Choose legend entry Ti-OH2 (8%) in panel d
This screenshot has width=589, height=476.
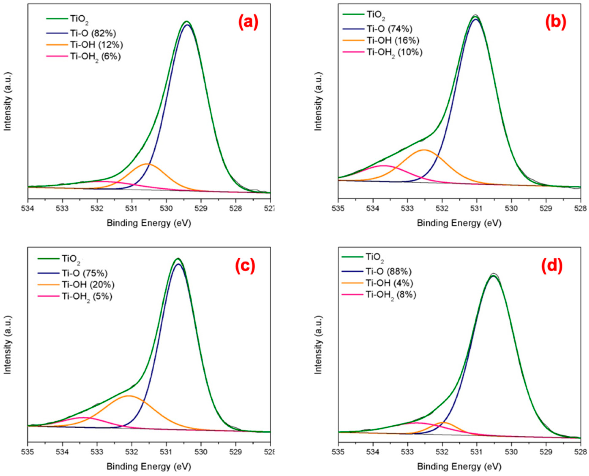tap(390, 295)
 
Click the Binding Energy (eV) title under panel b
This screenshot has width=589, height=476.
tap(459, 223)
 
